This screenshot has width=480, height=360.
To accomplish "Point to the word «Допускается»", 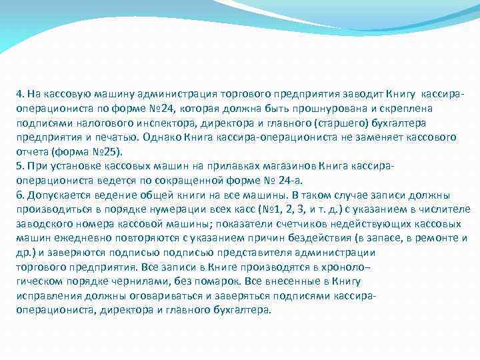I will point(52,195).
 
